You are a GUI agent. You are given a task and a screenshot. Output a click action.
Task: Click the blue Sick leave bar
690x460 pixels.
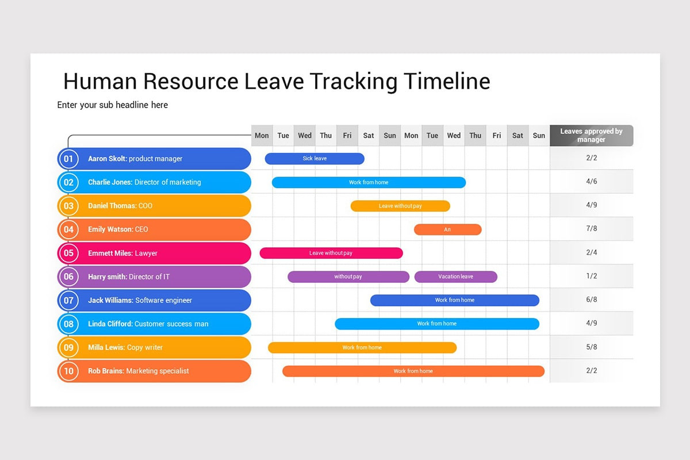(315, 159)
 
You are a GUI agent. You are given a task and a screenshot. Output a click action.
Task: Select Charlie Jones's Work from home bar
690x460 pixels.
(369, 182)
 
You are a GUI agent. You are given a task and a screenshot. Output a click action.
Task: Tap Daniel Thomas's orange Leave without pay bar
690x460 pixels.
(400, 206)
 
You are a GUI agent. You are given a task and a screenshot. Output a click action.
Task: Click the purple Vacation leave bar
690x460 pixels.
(455, 277)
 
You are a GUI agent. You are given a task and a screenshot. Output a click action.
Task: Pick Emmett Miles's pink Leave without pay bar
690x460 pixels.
(331, 253)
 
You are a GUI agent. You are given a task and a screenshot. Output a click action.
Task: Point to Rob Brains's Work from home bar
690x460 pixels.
(413, 371)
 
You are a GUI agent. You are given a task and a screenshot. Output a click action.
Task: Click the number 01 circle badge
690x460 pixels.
(69, 159)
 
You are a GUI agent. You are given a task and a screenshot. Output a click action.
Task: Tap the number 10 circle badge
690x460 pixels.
(69, 371)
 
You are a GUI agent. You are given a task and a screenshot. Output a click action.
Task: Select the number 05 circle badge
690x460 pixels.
(69, 253)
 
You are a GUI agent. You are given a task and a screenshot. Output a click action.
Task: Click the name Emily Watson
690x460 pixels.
(110, 229)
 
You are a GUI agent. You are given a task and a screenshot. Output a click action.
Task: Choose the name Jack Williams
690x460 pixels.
(110, 300)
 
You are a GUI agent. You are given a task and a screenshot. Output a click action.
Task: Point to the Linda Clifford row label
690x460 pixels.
(148, 324)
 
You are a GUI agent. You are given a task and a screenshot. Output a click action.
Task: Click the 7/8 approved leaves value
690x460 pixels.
(592, 229)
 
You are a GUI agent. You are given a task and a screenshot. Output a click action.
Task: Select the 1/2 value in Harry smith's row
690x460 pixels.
(592, 276)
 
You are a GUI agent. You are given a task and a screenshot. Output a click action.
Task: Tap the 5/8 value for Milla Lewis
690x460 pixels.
(592, 347)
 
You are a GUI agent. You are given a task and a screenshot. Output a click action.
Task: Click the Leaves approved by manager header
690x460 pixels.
(592, 136)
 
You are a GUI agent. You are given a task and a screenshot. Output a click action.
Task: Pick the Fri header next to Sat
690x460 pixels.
(347, 136)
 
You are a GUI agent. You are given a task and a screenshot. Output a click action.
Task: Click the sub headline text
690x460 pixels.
(113, 105)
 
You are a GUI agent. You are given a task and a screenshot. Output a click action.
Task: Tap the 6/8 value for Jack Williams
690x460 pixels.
(592, 300)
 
